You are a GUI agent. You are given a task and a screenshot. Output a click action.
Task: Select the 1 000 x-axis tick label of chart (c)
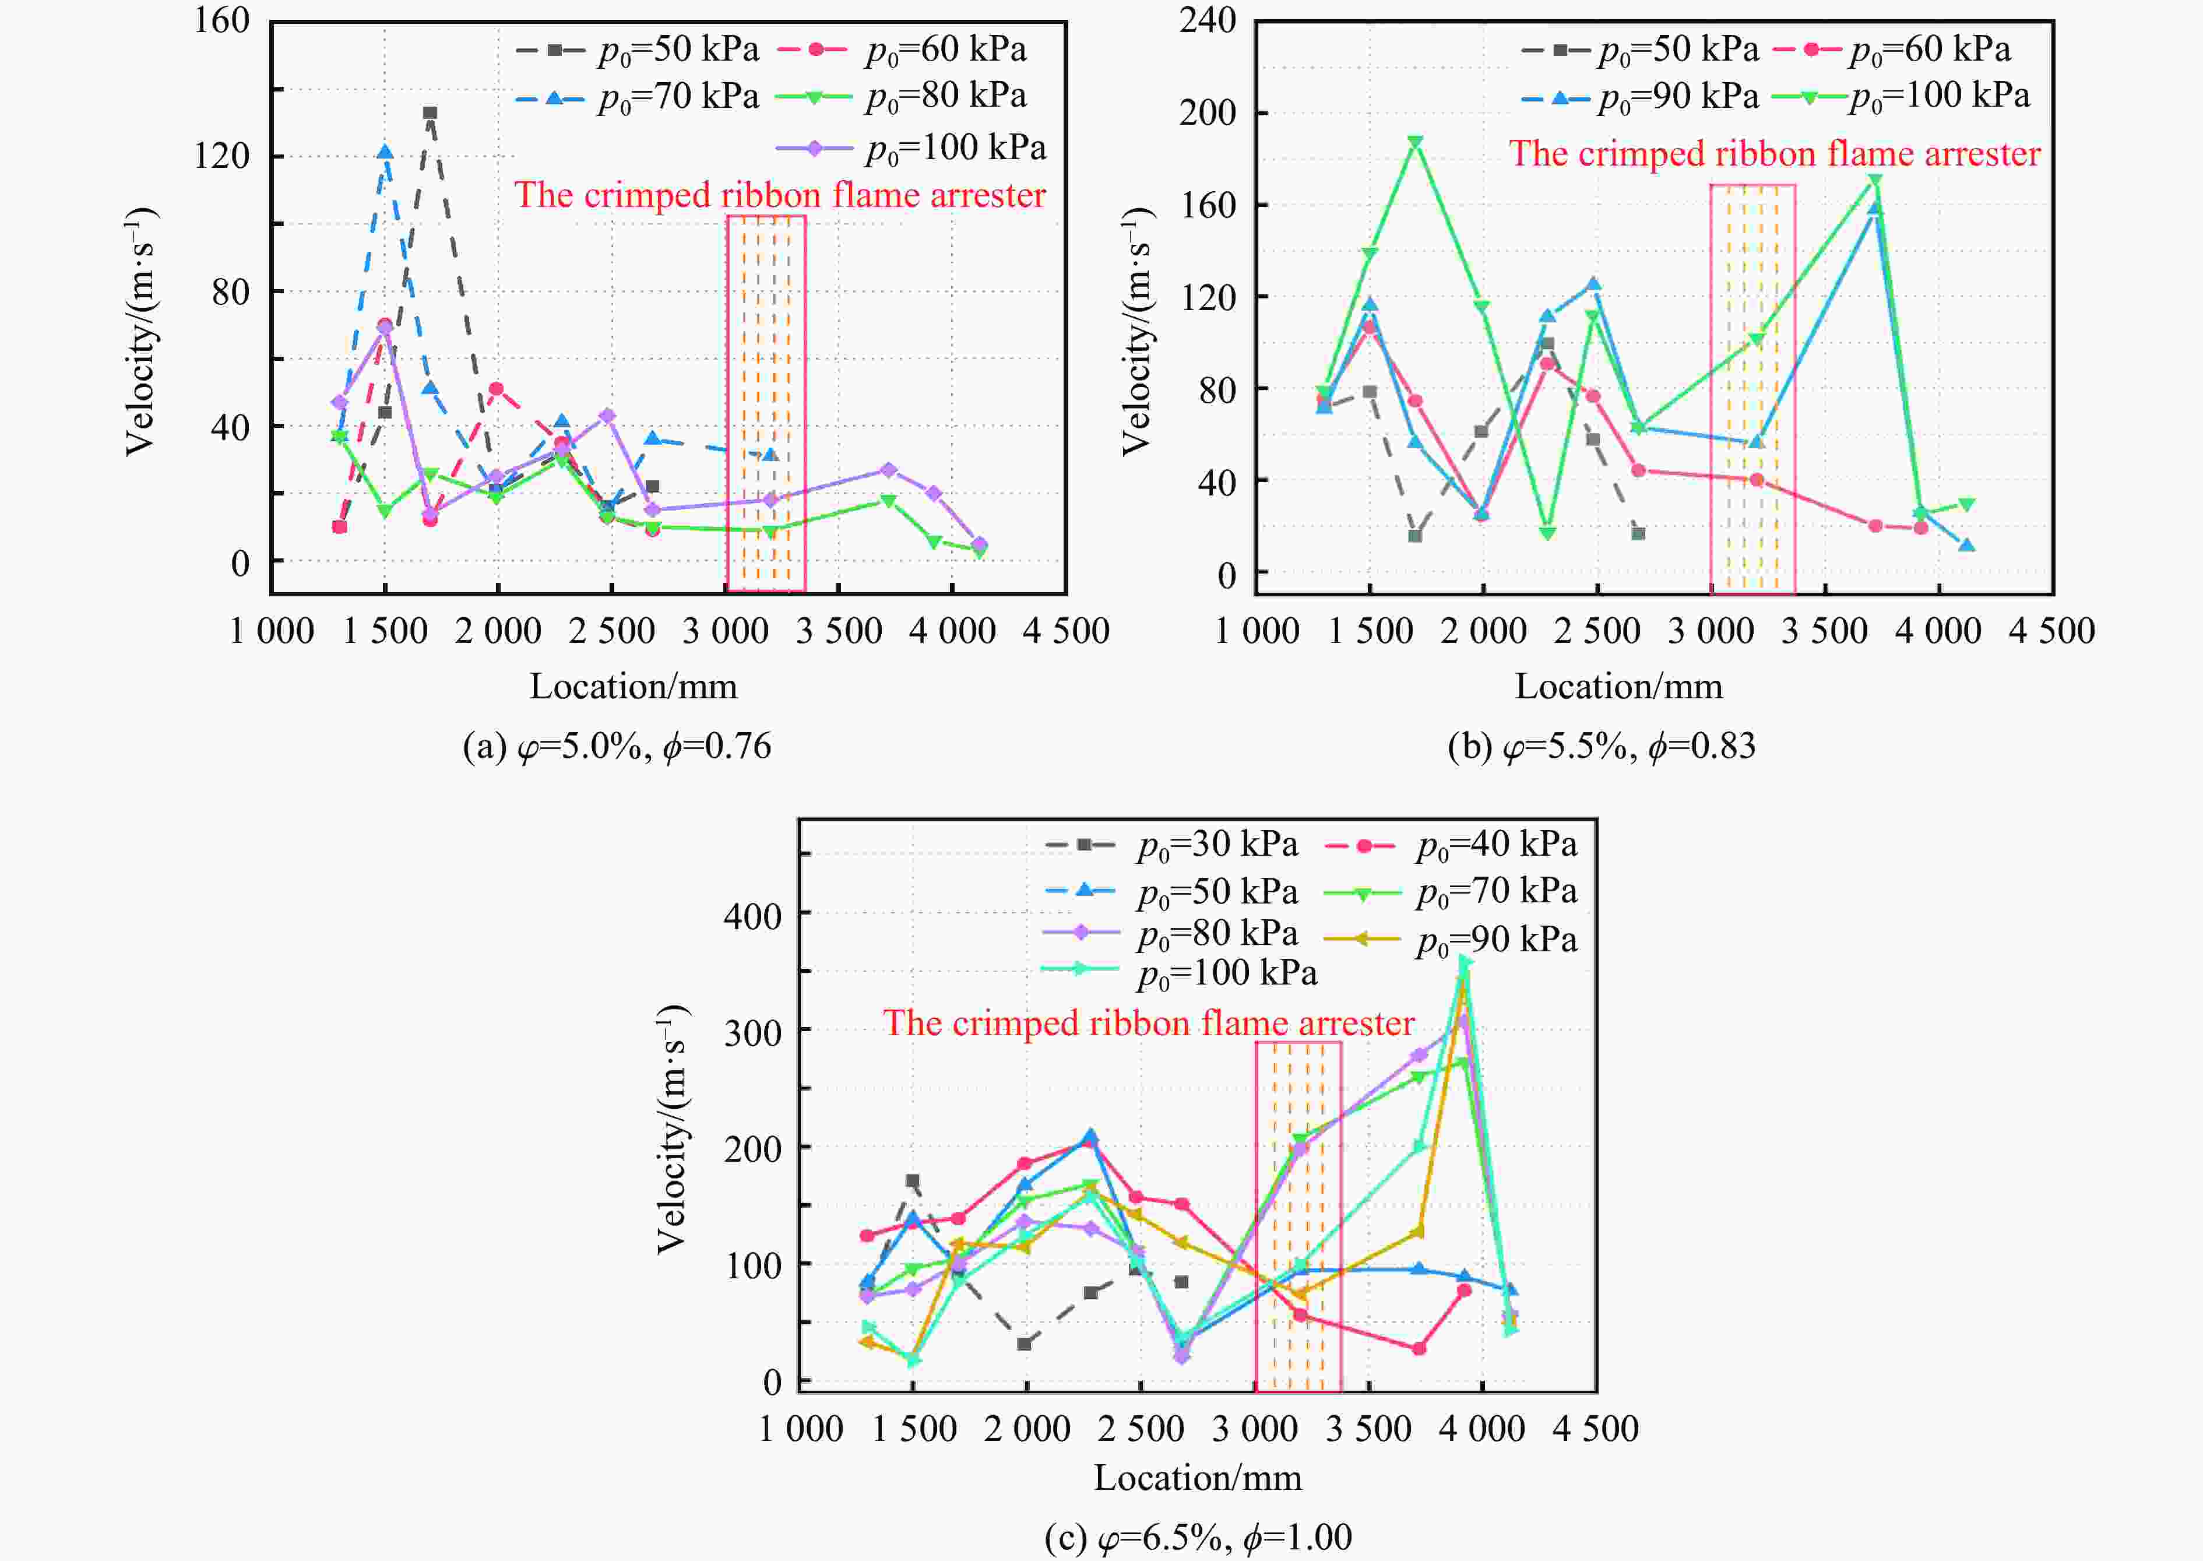pos(801,1429)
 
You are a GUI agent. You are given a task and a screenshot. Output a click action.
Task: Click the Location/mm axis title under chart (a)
pos(634,686)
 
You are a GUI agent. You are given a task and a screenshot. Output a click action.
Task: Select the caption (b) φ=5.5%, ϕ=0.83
pos(1602,747)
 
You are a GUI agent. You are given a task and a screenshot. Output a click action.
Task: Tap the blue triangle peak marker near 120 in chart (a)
pos(385,152)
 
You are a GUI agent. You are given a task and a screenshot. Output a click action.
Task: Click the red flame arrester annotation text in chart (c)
pos(1149,1024)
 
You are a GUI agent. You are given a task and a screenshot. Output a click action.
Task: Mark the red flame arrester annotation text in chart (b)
pos(1774,154)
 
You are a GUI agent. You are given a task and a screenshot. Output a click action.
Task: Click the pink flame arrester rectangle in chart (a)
pos(766,404)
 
